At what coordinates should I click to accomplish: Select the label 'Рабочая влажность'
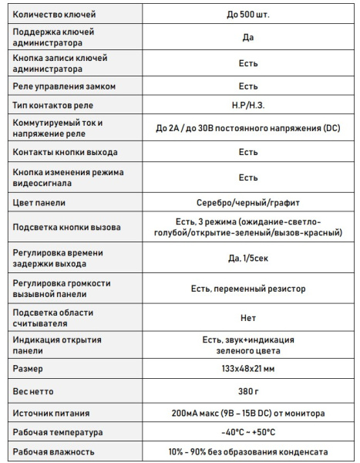point(54,451)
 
